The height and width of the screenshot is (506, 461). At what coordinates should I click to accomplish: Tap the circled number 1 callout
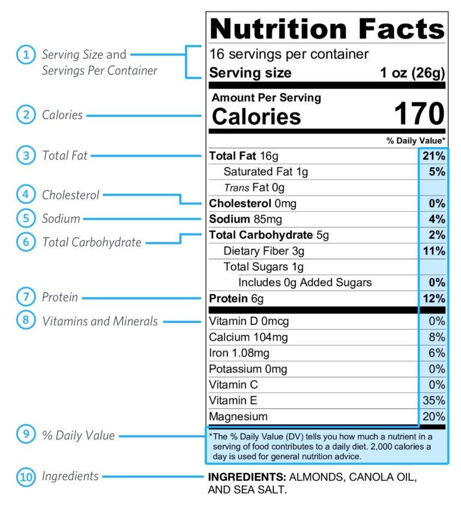point(26,55)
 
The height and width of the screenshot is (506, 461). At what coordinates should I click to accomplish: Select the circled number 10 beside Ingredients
point(26,477)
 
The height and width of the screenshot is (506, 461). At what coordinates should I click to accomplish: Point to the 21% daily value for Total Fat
point(433,156)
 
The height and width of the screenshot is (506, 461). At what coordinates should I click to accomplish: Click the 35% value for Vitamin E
point(434,400)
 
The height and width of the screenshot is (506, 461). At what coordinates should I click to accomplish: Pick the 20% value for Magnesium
point(434,417)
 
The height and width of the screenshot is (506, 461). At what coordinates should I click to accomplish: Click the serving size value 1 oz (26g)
point(412,73)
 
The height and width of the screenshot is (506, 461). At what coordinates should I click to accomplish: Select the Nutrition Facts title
point(327,28)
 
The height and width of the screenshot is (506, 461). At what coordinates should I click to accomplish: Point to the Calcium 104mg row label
point(249,337)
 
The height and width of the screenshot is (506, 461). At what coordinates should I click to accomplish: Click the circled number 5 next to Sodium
point(26,219)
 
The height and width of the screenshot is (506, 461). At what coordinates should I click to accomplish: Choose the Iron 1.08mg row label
point(239,353)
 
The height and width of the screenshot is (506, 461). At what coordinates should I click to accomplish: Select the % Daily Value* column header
point(416,140)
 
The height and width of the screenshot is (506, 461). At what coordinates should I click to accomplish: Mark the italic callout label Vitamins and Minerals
point(100,321)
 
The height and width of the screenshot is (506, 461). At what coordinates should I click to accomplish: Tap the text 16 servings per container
point(289,54)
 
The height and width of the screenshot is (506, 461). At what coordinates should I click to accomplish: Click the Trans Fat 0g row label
point(254,188)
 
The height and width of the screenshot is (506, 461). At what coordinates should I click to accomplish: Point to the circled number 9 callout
point(26,435)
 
